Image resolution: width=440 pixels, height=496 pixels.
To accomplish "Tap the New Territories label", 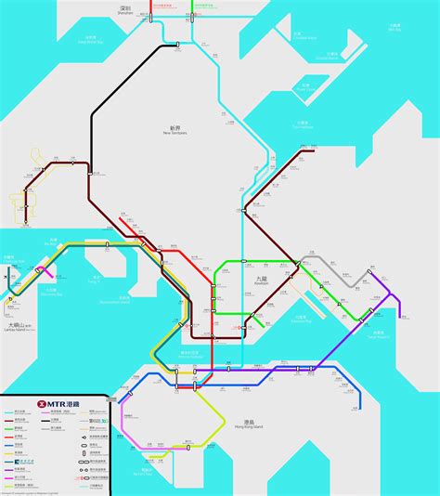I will [x=175, y=131].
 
